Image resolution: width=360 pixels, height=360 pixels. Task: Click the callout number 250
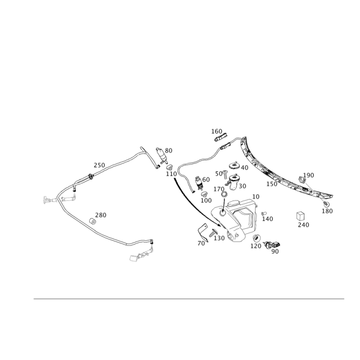(x=99, y=165)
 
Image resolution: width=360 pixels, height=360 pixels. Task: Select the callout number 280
(x=101, y=215)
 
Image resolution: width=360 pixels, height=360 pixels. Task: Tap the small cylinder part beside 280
(x=93, y=221)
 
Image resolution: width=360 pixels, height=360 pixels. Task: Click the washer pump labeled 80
(x=162, y=155)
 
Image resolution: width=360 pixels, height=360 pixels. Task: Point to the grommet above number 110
(x=170, y=166)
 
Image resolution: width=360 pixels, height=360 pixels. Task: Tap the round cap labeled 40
(x=234, y=165)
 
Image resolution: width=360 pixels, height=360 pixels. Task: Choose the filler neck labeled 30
(x=233, y=182)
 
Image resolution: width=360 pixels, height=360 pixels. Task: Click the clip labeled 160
(x=221, y=138)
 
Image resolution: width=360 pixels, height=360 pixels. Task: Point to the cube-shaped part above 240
(x=301, y=216)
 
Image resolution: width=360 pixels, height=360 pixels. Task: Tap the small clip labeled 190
(x=302, y=180)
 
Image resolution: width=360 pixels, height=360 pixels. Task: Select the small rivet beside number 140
(x=264, y=213)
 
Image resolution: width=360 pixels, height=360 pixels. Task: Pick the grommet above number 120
(x=256, y=238)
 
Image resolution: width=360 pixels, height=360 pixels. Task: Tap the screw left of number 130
(x=212, y=233)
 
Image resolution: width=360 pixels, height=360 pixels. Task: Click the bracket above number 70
(x=203, y=233)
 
